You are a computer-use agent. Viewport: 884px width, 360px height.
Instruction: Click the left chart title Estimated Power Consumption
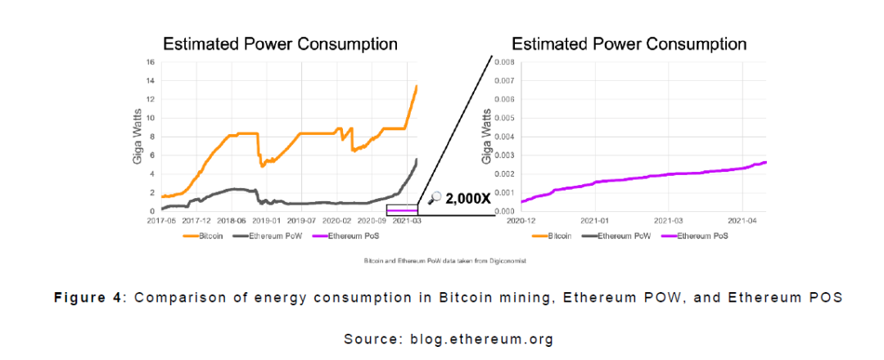pos(281,43)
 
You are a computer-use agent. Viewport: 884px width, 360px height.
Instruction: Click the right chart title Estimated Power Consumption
pos(629,43)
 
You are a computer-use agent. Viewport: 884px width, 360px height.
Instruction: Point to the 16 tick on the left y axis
pos(150,62)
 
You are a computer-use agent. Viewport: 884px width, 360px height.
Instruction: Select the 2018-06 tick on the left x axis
pos(232,220)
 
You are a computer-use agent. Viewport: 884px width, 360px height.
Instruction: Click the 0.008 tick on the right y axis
pos(503,62)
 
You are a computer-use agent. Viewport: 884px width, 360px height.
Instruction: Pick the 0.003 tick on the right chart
pos(503,155)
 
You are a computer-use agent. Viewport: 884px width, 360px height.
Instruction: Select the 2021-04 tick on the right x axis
pos(742,220)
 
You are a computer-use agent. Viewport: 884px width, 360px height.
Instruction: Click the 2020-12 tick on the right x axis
pos(521,220)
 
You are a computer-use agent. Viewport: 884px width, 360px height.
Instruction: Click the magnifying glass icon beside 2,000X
pos(435,197)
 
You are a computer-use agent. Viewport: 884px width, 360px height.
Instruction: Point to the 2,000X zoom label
pos(462,197)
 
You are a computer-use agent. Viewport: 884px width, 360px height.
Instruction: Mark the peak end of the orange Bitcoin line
pos(417,86)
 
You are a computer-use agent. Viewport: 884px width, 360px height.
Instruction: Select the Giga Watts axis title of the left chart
pos(138,137)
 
